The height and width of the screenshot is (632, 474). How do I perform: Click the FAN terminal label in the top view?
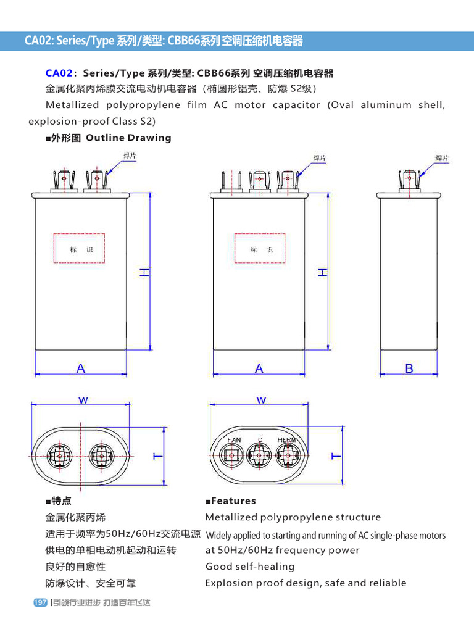pos(234,439)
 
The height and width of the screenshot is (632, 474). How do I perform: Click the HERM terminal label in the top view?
pos(286,439)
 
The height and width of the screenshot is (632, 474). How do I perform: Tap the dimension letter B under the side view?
pos(409,368)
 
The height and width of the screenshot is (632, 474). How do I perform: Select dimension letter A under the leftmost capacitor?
pos(81,368)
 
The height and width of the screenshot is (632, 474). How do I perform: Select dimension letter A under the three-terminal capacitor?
pos(259,368)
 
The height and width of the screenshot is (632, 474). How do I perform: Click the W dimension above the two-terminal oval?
pos(83,400)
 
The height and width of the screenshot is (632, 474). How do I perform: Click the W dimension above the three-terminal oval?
pos(261,400)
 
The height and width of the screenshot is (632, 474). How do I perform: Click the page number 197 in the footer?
pos(39,602)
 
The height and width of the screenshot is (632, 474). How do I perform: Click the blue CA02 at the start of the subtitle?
pos(59,73)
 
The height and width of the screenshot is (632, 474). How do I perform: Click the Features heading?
pos(233,501)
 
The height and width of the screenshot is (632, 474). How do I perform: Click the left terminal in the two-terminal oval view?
pos(62,456)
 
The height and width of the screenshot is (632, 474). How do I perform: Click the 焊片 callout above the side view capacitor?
pos(442,158)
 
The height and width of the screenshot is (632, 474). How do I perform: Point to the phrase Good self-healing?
pos(250,567)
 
